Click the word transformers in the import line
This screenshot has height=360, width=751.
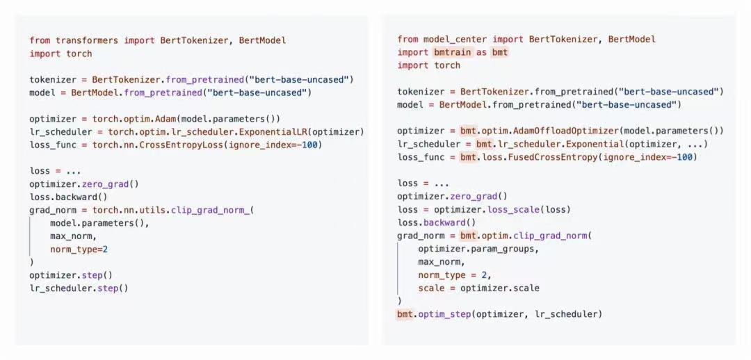click(87, 41)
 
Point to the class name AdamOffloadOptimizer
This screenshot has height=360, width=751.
click(565, 131)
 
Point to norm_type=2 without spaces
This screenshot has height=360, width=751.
click(79, 249)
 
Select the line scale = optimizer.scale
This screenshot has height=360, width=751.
click(478, 288)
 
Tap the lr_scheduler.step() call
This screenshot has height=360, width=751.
click(79, 288)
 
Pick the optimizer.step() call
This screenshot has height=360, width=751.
click(71, 275)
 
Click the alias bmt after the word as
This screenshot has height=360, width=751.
click(499, 52)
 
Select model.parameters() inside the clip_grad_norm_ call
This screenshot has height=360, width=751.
click(99, 223)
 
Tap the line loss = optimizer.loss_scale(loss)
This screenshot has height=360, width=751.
click(484, 210)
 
